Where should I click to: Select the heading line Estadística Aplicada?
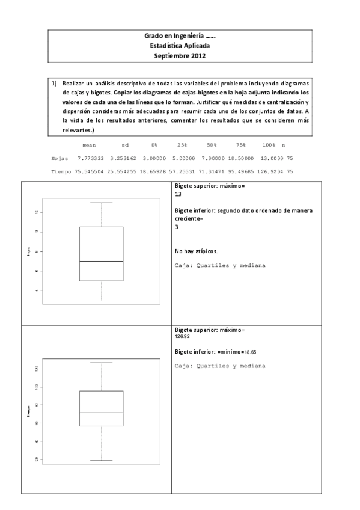coord(180,46)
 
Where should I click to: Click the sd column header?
coord(125,145)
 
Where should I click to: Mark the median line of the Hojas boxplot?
coord(101,262)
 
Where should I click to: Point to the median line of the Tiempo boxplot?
coord(101,413)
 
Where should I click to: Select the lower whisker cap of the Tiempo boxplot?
coord(101,461)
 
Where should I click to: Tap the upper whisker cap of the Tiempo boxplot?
coord(101,362)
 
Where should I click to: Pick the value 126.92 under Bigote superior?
coord(182,337)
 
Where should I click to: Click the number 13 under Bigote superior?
coord(178,195)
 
